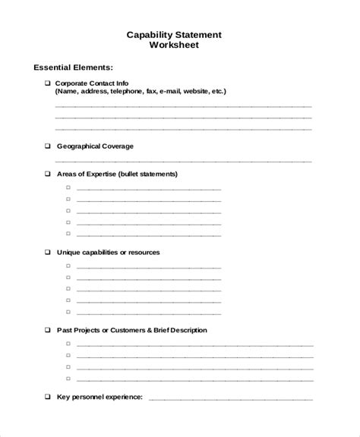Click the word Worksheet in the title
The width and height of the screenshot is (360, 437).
pyautogui.click(x=179, y=46)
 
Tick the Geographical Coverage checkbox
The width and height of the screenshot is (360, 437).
pyautogui.click(x=47, y=145)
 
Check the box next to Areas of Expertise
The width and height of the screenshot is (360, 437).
pyautogui.click(x=47, y=174)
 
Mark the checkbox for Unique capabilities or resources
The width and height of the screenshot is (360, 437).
pyautogui.click(x=47, y=252)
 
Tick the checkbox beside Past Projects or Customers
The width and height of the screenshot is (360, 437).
pyautogui.click(x=47, y=330)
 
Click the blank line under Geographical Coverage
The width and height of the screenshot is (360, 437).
pyautogui.click(x=182, y=161)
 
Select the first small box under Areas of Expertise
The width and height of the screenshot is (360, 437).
pyautogui.click(x=68, y=187)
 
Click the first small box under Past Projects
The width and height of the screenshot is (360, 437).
pyautogui.click(x=68, y=344)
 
